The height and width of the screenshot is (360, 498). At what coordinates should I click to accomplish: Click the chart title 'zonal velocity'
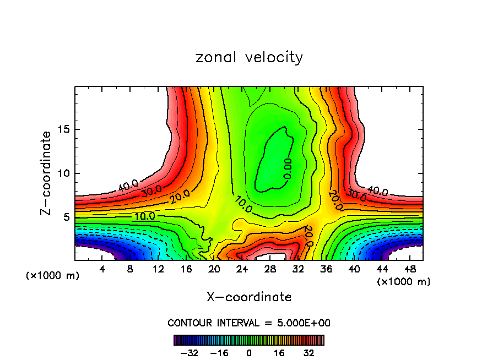249,57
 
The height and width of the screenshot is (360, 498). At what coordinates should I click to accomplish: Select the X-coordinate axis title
249,297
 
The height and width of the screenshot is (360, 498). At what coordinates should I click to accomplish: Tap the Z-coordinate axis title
46,173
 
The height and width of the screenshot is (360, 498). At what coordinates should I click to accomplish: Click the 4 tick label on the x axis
102,270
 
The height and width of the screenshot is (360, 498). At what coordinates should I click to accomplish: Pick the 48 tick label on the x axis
410,270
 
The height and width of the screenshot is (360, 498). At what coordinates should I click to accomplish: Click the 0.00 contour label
288,168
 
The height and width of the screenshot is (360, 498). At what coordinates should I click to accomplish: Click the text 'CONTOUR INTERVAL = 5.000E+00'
249,323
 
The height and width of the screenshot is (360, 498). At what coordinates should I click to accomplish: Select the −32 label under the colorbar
190,353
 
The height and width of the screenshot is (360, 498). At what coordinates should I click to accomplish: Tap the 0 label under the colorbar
249,353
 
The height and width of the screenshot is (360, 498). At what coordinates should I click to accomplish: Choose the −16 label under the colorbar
219,353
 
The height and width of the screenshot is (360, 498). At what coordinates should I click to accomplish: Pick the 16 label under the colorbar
279,353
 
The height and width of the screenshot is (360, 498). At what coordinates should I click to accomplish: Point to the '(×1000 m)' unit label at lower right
404,282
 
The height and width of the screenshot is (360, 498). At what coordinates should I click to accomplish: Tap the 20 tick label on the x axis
214,270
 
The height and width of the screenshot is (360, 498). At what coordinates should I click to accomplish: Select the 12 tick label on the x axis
158,270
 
